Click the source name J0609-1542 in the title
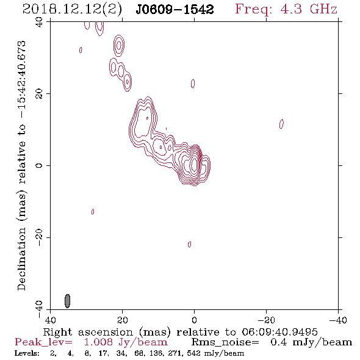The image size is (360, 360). pos(175,10)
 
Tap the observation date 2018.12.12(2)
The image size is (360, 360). pos(72,10)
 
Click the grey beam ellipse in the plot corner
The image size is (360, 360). pos(67,301)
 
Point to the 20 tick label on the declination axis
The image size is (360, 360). pos(40,94)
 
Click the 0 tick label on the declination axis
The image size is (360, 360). pos(40,165)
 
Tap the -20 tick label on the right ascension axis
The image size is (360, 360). pos(266,320)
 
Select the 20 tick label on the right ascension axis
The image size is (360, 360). pos(123,320)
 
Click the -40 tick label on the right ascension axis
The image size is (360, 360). pos(338,320)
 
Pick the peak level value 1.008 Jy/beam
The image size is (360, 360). pos(126,342)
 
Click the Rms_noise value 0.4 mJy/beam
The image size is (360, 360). pos(311,342)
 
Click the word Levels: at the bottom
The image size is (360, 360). pos(27,353)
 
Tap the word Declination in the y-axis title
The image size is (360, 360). pos(21,259)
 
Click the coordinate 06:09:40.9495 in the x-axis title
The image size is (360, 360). pos(279,332)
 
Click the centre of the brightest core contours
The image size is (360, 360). pos(194,164)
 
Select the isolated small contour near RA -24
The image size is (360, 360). pos(281,124)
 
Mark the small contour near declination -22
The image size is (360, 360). pos(189,244)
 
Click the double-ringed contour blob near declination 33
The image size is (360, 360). pos(119,46)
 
